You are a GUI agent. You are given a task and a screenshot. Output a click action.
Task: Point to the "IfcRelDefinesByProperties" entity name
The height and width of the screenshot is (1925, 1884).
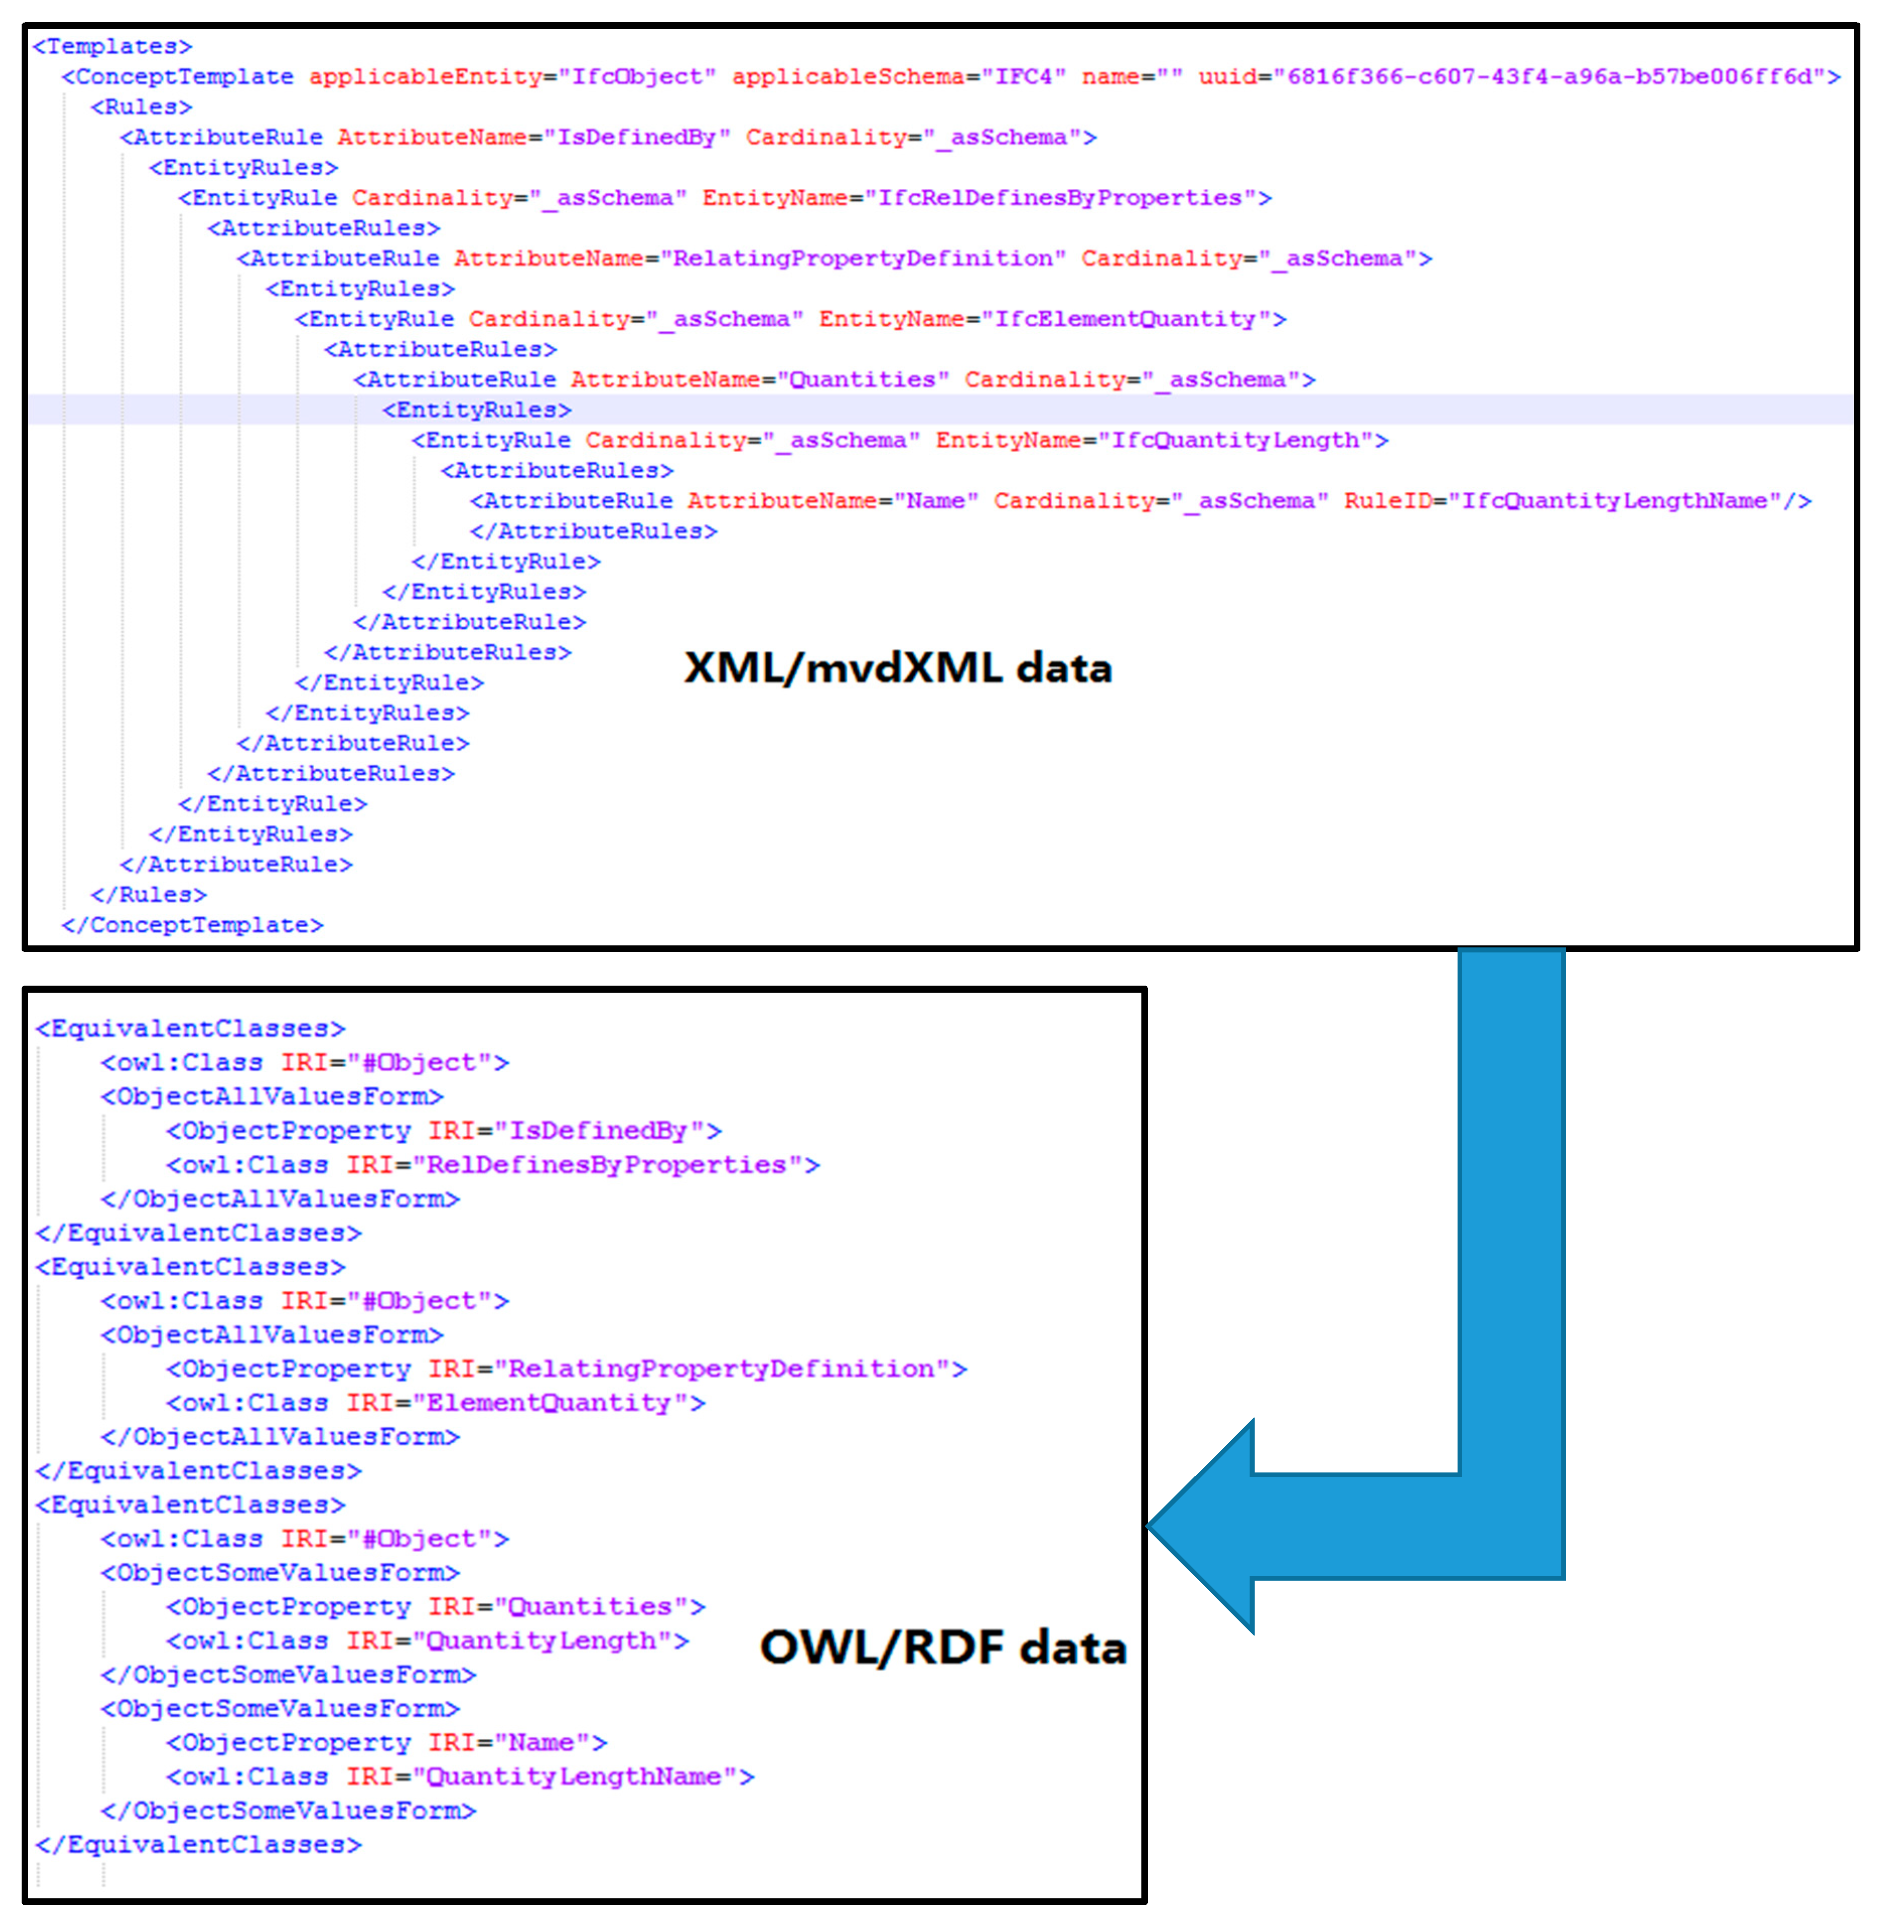(x=1061, y=198)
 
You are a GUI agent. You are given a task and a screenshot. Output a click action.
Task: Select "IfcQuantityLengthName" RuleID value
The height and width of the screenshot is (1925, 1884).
(x=1615, y=500)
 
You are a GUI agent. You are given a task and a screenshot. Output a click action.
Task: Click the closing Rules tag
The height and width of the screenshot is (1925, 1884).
(x=149, y=894)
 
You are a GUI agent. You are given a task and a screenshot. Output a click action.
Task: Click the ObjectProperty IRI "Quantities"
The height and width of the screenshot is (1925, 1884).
(x=591, y=1606)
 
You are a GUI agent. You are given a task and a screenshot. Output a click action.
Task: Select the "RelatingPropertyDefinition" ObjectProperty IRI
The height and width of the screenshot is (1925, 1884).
(x=722, y=1369)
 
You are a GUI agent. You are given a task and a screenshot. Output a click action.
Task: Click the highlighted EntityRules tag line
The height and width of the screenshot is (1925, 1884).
(x=477, y=410)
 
